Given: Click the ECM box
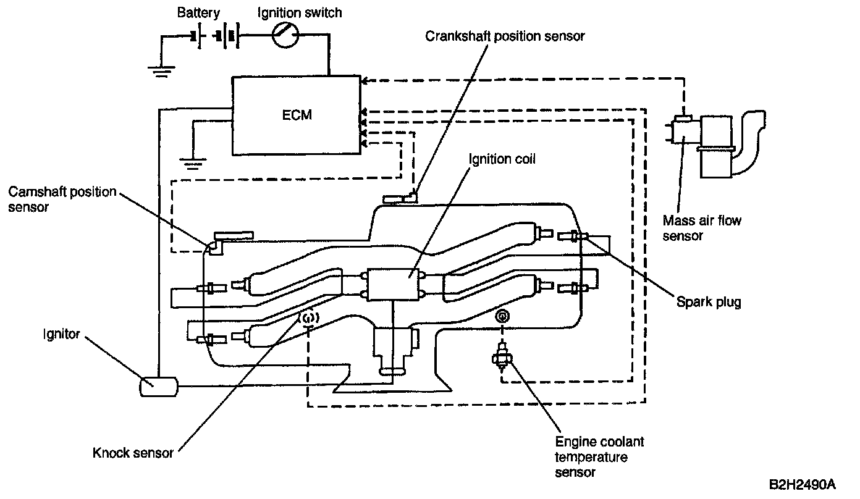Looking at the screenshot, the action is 296,115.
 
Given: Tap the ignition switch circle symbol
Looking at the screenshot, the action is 285,35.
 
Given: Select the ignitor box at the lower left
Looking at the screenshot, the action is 159,387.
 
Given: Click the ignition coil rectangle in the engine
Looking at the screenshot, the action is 392,285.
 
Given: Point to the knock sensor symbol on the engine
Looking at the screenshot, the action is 309,318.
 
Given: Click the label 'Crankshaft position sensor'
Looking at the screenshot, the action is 505,36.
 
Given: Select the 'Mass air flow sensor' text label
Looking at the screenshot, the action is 702,228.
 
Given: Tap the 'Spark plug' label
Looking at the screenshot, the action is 709,302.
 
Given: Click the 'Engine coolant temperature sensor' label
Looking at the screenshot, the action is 599,457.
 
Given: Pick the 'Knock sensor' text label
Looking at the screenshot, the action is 133,453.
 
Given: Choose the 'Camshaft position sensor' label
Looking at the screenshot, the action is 62,199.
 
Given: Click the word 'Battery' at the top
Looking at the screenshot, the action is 198,13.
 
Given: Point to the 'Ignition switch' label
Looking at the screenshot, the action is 300,13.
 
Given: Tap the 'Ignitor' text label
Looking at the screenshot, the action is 61,334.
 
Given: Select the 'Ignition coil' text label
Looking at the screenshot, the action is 502,159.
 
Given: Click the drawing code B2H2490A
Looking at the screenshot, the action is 802,485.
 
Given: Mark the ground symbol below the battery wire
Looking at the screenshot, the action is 161,72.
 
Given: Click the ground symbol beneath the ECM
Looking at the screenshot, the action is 193,164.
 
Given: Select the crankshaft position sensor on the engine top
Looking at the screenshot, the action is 400,198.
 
